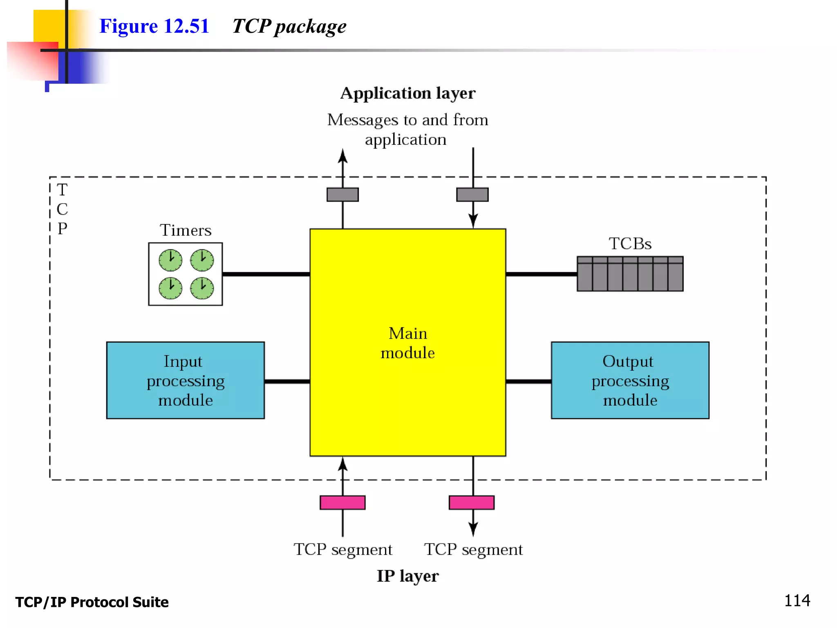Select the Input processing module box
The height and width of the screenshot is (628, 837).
click(185, 380)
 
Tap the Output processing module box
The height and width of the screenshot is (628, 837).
click(630, 380)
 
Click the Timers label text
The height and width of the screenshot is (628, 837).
click(186, 230)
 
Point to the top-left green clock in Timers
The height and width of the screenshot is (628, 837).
click(170, 260)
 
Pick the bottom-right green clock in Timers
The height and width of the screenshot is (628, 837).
click(202, 288)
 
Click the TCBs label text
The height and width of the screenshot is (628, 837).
click(630, 244)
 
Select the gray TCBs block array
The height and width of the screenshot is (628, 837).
click(630, 274)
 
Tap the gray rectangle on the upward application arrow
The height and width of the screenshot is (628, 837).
click(342, 195)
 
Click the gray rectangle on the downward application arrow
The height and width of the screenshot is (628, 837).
click(472, 195)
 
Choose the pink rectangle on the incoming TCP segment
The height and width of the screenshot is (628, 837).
click(342, 502)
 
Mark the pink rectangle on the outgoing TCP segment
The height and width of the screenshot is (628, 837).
click(472, 502)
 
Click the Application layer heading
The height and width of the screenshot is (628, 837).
click(407, 93)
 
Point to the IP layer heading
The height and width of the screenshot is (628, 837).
click(407, 576)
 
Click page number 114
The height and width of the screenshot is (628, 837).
click(797, 601)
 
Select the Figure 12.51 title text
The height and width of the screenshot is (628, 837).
click(154, 26)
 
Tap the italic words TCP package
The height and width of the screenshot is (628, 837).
click(289, 27)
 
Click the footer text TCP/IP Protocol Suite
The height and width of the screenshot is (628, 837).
click(92, 602)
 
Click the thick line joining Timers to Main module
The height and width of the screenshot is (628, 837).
click(266, 274)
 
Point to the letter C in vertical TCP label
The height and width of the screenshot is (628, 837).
click(62, 209)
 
